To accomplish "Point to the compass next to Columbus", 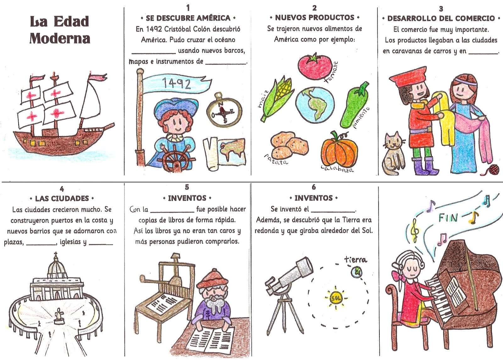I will [224, 110].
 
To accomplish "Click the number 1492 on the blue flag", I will [177, 84].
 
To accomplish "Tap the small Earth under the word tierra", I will [357, 272].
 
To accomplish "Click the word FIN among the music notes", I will [448, 218].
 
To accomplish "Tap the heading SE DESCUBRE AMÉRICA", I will [188, 18].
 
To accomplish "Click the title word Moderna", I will [60, 38].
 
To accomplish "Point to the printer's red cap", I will [212, 279].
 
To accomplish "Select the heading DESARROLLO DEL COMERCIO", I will [441, 19].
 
